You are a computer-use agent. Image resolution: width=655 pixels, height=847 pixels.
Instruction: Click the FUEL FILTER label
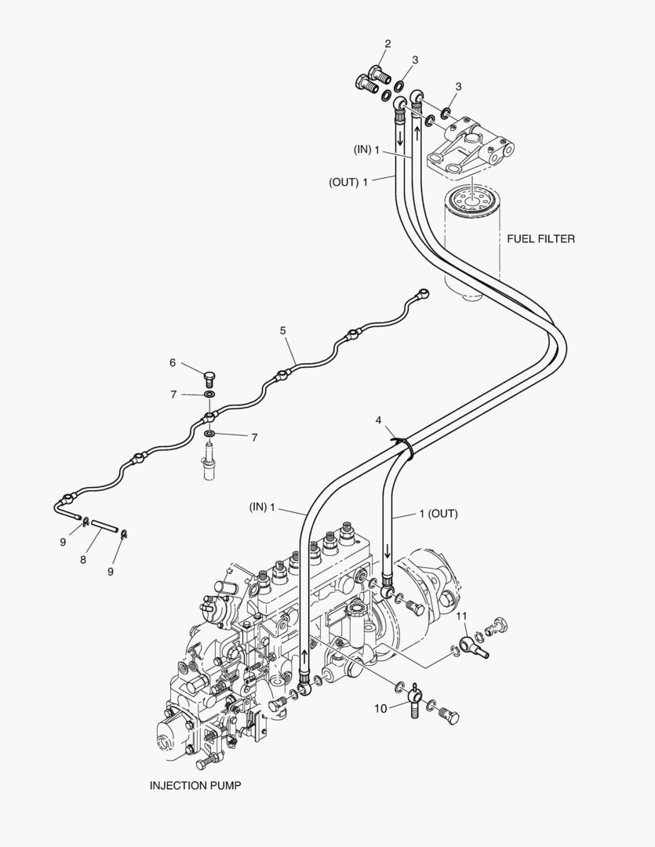[540, 238]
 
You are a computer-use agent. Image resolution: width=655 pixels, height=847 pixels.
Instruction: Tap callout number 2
[388, 44]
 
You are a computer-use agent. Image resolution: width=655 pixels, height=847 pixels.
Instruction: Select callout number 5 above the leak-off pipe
[282, 331]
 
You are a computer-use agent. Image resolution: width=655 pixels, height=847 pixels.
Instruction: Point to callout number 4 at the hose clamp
[379, 421]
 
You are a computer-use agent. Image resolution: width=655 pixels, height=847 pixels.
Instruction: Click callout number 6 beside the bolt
[173, 362]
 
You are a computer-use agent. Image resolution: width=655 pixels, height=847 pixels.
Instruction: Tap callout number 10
[380, 708]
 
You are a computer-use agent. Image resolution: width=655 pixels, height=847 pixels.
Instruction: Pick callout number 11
[463, 616]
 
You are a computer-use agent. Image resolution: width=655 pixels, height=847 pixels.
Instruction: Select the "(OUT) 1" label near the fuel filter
[348, 182]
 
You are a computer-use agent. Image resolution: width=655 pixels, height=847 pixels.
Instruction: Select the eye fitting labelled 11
[472, 646]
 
